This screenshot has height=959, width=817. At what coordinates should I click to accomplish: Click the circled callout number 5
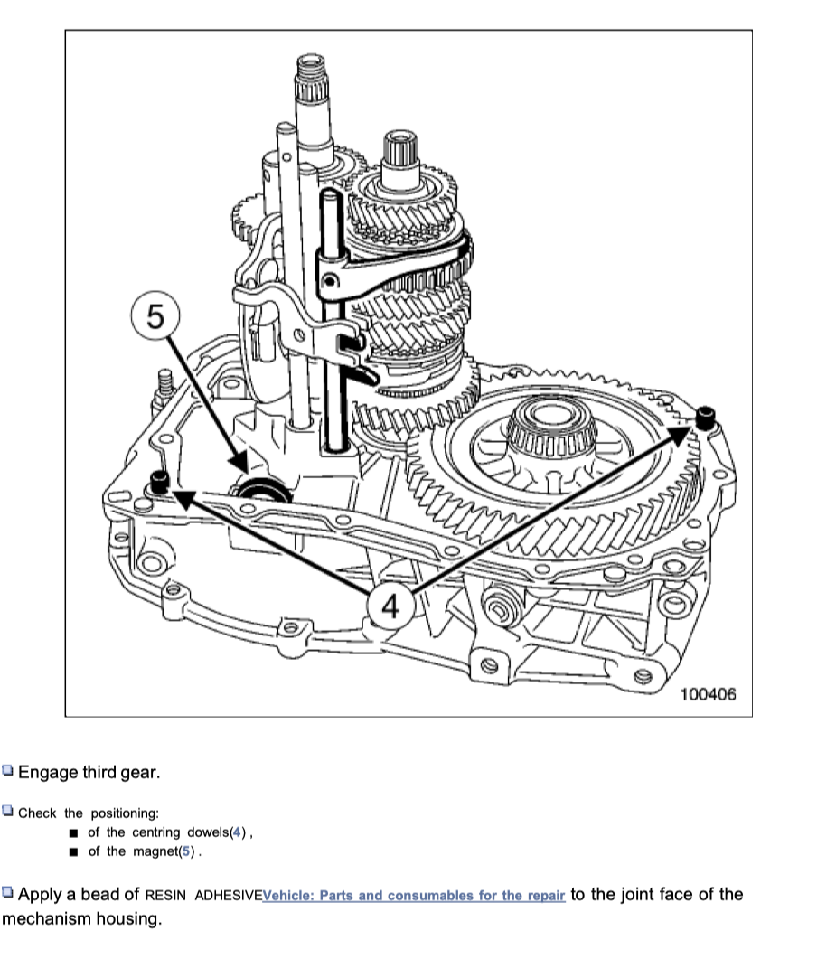(156, 317)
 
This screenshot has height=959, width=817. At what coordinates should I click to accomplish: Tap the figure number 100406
(709, 694)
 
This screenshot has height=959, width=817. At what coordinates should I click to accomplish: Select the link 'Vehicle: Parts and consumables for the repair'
(413, 896)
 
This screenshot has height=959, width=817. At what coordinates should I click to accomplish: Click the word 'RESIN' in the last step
(168, 896)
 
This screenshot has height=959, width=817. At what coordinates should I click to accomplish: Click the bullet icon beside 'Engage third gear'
(8, 772)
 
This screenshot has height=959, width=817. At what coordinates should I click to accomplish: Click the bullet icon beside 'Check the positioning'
(8, 812)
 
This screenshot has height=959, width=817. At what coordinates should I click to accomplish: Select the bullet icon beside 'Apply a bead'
(8, 895)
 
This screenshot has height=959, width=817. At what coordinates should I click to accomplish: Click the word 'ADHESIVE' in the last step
(228, 896)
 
